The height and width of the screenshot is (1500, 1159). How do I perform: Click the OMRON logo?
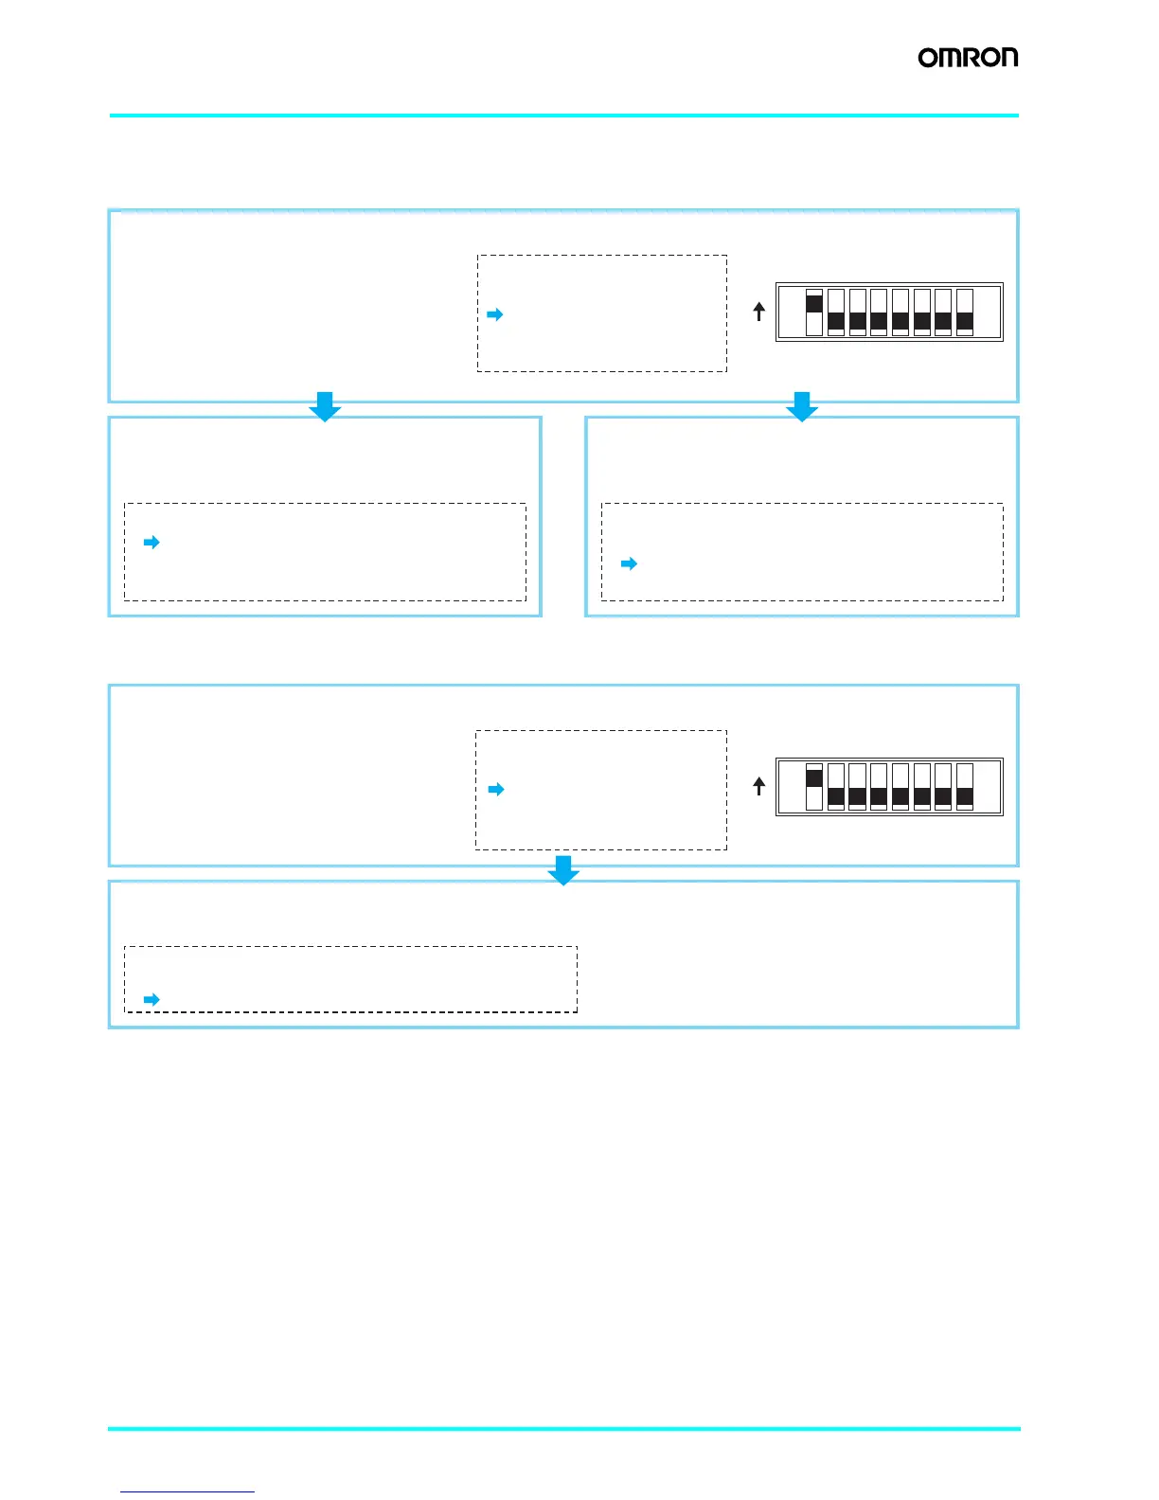coord(968,58)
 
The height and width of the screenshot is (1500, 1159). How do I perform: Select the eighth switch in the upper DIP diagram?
coord(965,312)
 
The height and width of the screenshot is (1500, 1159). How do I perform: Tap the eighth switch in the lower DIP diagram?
coord(965,787)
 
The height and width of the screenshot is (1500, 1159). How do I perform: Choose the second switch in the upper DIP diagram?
coord(835,312)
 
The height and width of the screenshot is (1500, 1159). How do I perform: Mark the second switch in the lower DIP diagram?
coord(835,787)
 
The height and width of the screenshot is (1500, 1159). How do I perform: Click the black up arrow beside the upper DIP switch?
coord(758,312)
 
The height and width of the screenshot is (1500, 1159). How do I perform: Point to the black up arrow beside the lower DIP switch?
coord(758,786)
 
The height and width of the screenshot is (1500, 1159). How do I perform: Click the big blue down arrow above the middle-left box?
coord(325,406)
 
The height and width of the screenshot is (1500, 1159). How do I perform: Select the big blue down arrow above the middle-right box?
coord(802,406)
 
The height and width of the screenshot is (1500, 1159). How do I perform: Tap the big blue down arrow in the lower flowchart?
coord(563,870)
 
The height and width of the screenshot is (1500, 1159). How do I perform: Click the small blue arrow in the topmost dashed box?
coord(494,314)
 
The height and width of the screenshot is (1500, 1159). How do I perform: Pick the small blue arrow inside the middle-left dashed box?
coord(152,543)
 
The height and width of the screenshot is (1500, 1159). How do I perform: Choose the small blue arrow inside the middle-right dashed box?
coord(629,564)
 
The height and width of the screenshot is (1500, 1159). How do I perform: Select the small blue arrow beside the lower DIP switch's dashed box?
coord(496,790)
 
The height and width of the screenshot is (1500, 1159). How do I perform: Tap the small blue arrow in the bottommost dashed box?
coord(152,1000)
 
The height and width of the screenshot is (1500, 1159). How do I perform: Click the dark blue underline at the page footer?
coord(187,1491)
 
